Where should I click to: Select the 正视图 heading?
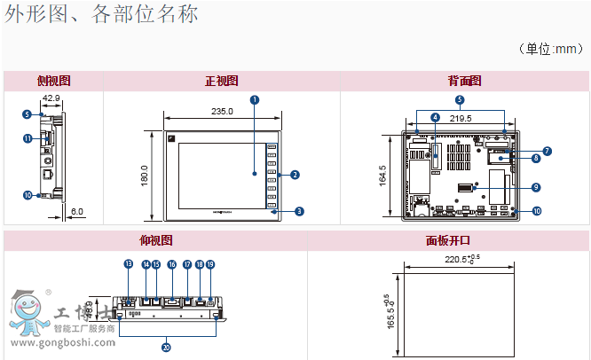point(222,81)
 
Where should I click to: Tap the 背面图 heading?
point(464,81)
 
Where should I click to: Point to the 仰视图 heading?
point(155,240)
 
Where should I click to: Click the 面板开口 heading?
point(448,240)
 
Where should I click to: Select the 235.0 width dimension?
point(222,111)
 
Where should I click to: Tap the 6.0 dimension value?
point(77,212)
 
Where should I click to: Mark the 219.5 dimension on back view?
point(462,117)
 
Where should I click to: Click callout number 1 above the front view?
point(254,99)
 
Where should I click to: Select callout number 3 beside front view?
point(299,211)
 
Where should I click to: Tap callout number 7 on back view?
point(547,151)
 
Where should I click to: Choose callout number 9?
point(536,187)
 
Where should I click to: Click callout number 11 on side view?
point(28,138)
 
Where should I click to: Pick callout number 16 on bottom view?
point(171,264)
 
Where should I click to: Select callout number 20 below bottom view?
point(166,347)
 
